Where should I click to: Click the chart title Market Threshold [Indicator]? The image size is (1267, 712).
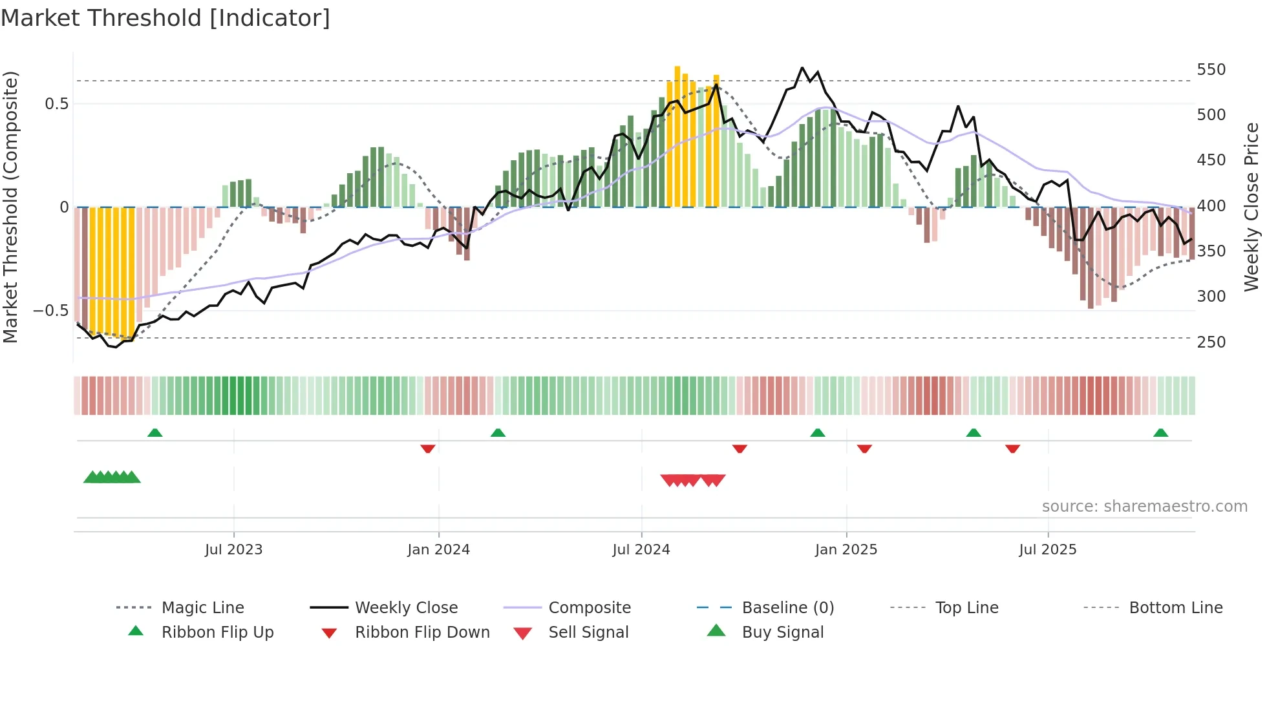pyautogui.click(x=165, y=18)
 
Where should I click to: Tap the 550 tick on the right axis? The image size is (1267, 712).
pyautogui.click(x=1211, y=70)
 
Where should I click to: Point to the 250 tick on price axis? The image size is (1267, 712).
pyautogui.click(x=1211, y=342)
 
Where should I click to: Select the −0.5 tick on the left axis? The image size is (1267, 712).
pyautogui.click(x=50, y=311)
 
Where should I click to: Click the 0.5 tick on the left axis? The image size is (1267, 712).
pyautogui.click(x=56, y=104)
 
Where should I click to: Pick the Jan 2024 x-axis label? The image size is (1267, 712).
pyautogui.click(x=438, y=550)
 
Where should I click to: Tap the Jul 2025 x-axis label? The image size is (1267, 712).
pyautogui.click(x=1047, y=550)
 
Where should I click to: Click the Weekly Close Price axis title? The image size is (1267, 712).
pyautogui.click(x=1251, y=207)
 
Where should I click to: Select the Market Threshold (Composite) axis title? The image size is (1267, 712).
pyautogui.click(x=10, y=207)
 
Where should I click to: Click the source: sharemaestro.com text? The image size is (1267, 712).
pyautogui.click(x=1144, y=507)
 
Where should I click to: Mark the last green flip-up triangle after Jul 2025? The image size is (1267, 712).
pyautogui.click(x=1160, y=433)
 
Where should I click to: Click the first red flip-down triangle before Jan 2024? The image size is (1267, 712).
pyautogui.click(x=427, y=448)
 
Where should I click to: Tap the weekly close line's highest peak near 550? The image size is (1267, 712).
pyautogui.click(x=802, y=67)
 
